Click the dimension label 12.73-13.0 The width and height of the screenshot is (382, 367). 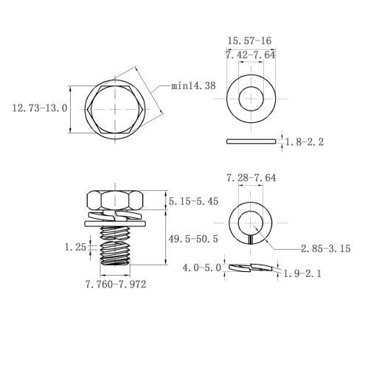coord(40,108)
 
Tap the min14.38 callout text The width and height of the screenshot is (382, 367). coord(193,86)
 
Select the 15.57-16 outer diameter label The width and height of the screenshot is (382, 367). coord(249,41)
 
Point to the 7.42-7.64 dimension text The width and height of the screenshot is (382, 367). coord(251,55)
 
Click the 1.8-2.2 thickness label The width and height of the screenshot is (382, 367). coord(305,141)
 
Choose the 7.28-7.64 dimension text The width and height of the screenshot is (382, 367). coord(251,178)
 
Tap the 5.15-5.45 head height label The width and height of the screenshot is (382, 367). coord(193,201)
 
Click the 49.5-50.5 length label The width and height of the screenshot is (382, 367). coord(193,239)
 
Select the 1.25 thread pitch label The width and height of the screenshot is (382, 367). coord(75,247)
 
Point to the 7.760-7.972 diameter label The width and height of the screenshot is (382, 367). coord(116,284)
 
